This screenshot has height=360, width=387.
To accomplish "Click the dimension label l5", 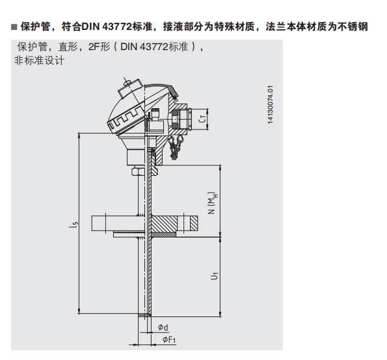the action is tap(73, 225).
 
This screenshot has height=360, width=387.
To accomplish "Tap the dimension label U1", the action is tap(214, 276).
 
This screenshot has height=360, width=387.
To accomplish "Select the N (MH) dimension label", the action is tap(213, 203).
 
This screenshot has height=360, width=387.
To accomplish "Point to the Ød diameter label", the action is tap(163, 327).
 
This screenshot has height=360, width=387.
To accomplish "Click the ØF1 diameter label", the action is tap(169, 340).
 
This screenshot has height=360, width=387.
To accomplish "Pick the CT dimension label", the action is tap(202, 119).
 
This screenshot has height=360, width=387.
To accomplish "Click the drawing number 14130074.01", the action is tap(271, 105).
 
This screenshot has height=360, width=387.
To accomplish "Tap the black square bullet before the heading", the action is tap(14, 27).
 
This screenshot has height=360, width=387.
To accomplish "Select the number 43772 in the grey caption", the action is tap(154, 47).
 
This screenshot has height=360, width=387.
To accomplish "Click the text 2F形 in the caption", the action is tap(100, 47).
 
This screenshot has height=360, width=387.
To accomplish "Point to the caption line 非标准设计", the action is tap(39, 61).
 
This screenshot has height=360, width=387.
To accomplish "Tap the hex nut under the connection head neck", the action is tap(137, 171).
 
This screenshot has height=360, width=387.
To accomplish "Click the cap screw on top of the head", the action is tap(130, 89).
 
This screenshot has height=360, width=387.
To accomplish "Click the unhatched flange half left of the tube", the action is tap(116, 223).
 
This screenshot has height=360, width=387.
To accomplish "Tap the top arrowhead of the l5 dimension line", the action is tap(79, 135).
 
